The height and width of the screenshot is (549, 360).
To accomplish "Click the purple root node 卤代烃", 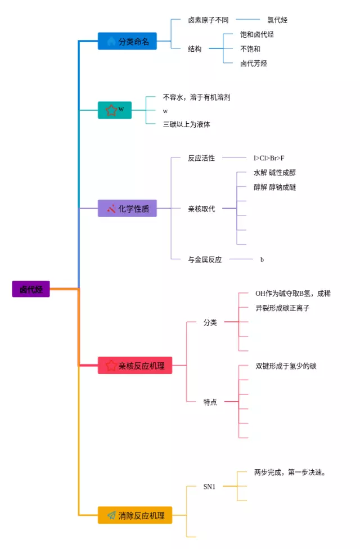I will click(31, 289).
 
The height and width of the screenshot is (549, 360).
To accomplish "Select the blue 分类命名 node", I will click(127, 41).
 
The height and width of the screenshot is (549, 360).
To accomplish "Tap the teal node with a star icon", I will click(115, 110).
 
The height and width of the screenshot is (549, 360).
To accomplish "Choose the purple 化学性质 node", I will click(127, 208).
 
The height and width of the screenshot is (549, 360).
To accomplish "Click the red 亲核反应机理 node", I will click(135, 366).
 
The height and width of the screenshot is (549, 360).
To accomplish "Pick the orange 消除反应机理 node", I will click(135, 515).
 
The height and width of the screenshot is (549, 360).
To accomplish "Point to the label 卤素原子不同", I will click(208, 20).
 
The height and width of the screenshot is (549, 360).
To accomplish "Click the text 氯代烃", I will click(277, 20).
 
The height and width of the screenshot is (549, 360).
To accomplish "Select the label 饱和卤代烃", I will click(257, 34).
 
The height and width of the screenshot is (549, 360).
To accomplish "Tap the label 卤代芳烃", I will click(254, 63).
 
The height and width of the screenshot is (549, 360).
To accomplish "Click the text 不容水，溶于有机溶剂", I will click(196, 97).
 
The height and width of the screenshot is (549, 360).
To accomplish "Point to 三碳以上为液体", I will click(187, 124).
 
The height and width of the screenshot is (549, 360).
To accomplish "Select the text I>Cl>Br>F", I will click(269, 158).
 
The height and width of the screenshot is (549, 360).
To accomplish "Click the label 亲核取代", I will click(201, 209).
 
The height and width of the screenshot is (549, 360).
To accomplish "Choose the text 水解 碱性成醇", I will click(274, 173).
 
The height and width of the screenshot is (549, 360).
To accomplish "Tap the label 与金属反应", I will click(205, 259).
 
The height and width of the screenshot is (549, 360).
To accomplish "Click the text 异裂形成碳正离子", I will click(282, 308).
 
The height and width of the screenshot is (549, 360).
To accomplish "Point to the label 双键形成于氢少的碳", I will click(286, 366).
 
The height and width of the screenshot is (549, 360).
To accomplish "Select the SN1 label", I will click(209, 487).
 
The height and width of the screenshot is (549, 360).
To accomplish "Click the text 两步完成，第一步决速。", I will click(290, 472).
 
